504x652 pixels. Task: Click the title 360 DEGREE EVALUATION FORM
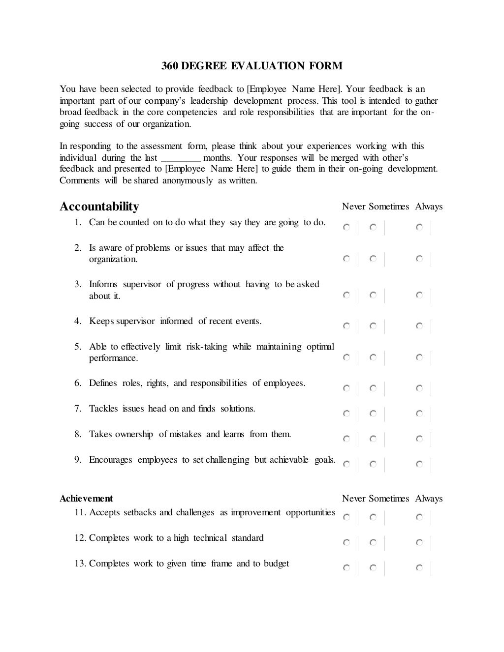pos(252,66)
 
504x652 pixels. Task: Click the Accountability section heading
pos(99,207)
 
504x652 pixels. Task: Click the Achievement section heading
pos(86,499)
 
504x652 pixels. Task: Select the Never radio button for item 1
pos(346,228)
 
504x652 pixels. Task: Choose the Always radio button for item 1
pos(419,228)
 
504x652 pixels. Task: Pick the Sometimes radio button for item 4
pos(373,326)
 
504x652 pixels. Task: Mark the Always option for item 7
pos(419,414)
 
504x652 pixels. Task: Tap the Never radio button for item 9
pos(346,464)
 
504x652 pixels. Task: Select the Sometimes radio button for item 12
pos(373,543)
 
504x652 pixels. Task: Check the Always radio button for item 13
pos(419,568)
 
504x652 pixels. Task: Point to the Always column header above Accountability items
pos(429,207)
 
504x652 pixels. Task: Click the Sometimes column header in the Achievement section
pos(389,499)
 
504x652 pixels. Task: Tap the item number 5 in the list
pos(78,347)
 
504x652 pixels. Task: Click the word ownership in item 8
pos(134,434)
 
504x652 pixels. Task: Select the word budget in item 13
pos(276,563)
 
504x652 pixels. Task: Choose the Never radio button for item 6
pos(346,388)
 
